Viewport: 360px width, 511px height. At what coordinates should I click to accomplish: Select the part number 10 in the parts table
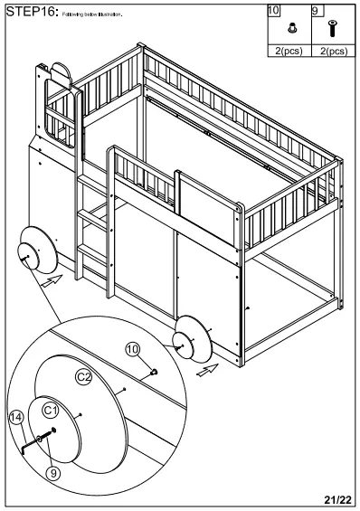(x=275, y=11)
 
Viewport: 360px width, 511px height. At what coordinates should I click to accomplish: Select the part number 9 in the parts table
(x=316, y=11)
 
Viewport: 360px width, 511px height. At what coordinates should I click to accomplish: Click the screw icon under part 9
(x=331, y=29)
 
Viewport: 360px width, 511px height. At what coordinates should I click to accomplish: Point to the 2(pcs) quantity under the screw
(x=332, y=52)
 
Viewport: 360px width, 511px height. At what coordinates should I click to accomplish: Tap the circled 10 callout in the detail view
(x=132, y=347)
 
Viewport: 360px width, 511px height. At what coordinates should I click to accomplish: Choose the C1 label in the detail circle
(x=52, y=412)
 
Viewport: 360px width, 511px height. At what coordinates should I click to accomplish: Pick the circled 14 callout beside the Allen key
(x=14, y=418)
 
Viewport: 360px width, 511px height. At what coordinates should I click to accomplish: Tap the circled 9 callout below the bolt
(x=53, y=471)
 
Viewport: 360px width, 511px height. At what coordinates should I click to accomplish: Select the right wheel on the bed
(x=192, y=341)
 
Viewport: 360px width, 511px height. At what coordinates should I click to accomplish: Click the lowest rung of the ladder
(x=91, y=248)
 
